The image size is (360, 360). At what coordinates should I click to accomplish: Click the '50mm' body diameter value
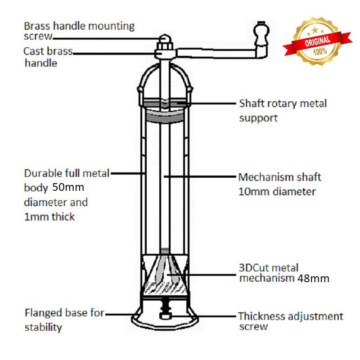tap(68, 187)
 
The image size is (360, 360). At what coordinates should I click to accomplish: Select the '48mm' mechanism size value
tap(313, 279)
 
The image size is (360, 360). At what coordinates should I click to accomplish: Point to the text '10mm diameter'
tap(277, 192)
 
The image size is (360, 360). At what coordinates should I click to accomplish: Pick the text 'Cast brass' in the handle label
tap(48, 51)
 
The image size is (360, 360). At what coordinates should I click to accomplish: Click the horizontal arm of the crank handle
tap(216, 54)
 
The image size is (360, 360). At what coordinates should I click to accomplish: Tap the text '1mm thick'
tap(49, 217)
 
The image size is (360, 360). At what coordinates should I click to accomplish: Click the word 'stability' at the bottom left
tap(43, 327)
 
